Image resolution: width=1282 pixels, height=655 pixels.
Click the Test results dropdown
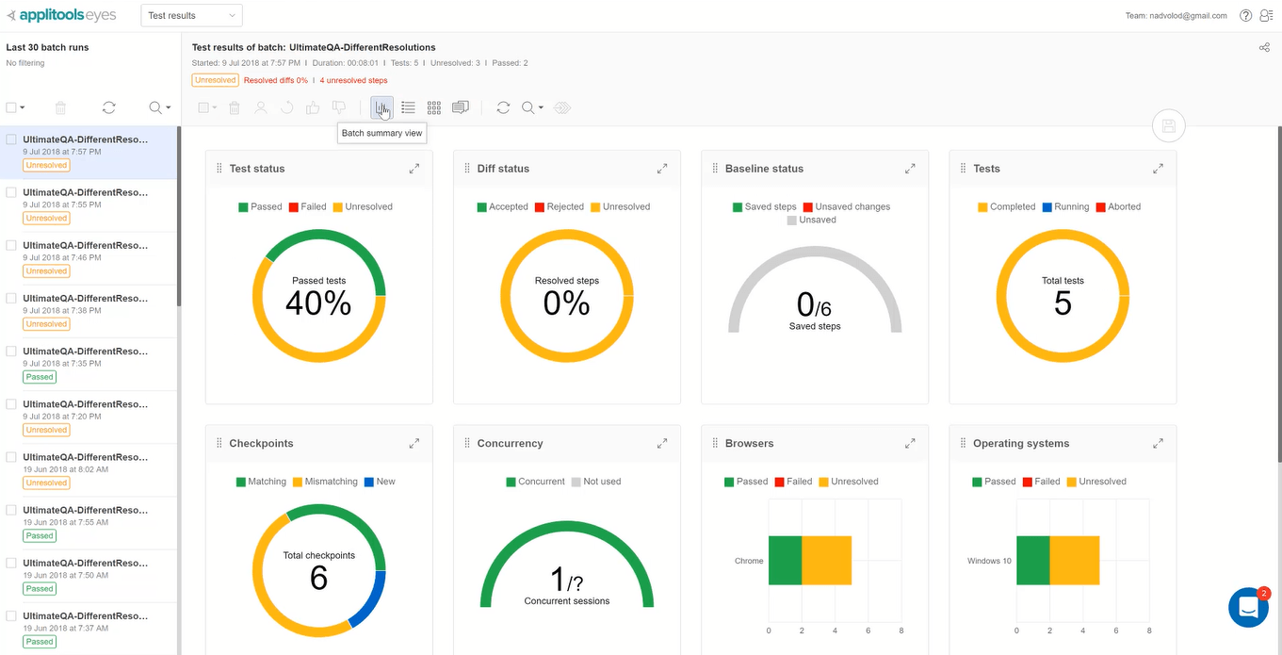(x=191, y=15)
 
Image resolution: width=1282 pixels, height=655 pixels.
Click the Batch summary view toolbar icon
(x=381, y=107)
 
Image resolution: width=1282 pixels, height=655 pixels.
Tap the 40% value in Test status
(x=318, y=303)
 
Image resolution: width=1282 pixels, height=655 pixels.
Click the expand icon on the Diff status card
(x=662, y=169)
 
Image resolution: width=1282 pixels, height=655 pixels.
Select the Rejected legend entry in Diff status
(x=560, y=206)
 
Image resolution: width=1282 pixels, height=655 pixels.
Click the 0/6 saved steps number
(x=814, y=304)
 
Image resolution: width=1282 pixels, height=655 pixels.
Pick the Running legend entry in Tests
(x=1065, y=206)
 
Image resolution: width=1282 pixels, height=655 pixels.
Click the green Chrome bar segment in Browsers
(x=785, y=561)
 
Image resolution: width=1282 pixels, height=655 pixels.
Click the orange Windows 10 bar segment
(x=1074, y=561)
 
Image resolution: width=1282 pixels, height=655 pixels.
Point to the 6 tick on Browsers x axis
(x=868, y=630)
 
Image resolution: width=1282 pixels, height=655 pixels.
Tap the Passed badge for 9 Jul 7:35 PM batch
(x=40, y=377)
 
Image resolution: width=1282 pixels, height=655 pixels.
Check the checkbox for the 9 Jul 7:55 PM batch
(x=11, y=192)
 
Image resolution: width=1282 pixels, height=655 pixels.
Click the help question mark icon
(x=1245, y=15)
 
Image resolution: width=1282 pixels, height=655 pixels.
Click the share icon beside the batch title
(x=1264, y=47)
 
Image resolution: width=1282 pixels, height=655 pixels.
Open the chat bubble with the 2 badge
(x=1248, y=607)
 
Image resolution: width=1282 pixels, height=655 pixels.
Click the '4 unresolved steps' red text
(x=353, y=80)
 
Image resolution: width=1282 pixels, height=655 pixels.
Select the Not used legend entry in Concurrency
(x=596, y=482)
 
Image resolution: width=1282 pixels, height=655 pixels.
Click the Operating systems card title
(x=1021, y=443)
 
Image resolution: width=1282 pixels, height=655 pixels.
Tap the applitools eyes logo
(x=62, y=15)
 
